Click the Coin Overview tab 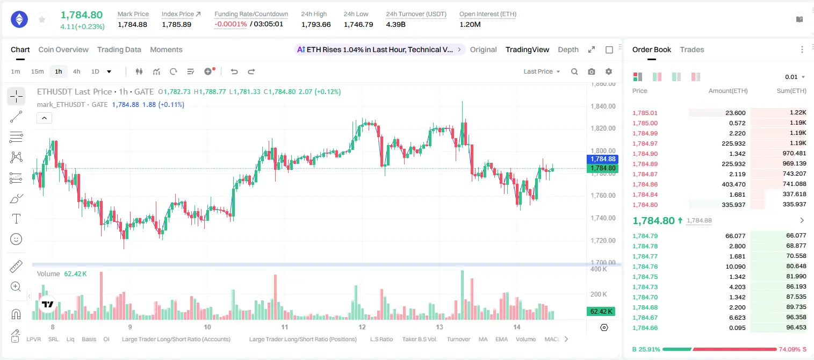(63, 49)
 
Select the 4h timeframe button (76, 71)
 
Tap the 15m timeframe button (38, 71)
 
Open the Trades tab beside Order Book (692, 49)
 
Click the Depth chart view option (568, 49)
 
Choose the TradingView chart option (527, 49)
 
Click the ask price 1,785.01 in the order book (645, 113)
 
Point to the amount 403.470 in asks (733, 184)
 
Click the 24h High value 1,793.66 (316, 24)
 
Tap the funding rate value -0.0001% (230, 24)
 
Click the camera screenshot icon (592, 71)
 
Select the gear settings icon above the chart (609, 71)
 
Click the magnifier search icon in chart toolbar (574, 71)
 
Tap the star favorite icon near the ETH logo (42, 19)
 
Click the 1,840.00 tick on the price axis (603, 106)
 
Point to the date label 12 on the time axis (362, 327)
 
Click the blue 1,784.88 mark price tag (602, 159)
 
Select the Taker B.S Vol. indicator (419, 339)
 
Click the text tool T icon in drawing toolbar (16, 219)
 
